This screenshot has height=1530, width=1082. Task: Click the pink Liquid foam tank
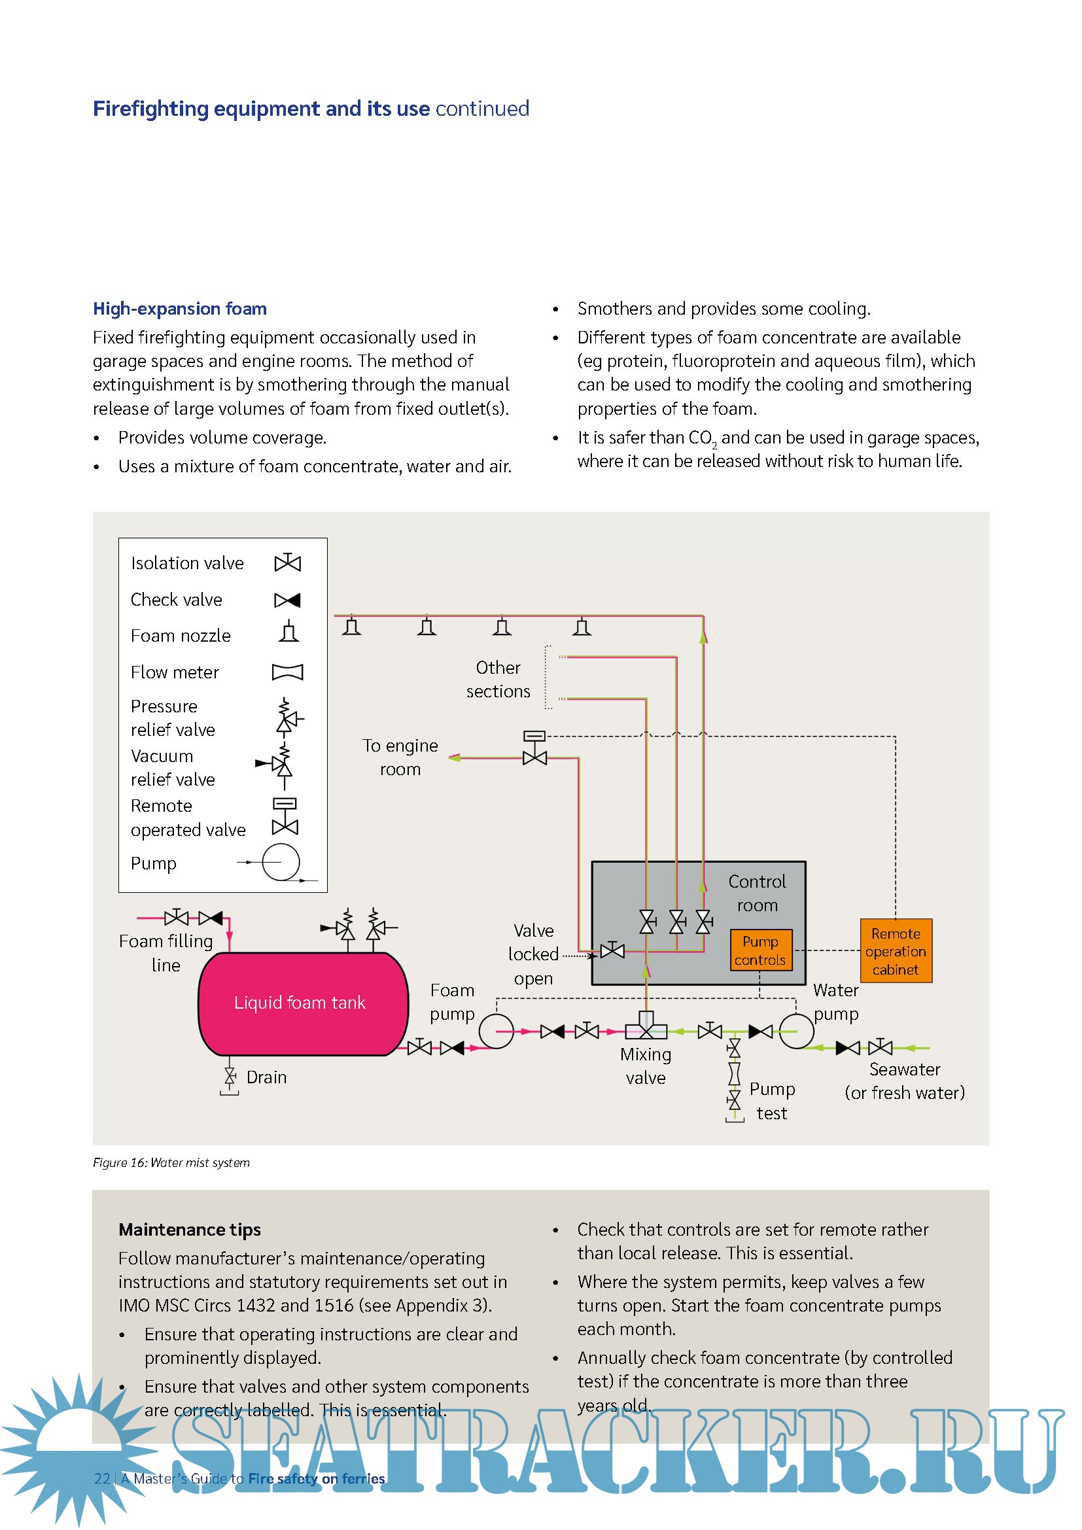click(303, 1003)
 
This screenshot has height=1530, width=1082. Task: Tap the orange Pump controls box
click(760, 950)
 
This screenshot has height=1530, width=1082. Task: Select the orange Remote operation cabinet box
click(896, 951)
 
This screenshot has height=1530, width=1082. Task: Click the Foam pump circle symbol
click(496, 1031)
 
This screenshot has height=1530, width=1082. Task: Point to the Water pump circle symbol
click(796, 1031)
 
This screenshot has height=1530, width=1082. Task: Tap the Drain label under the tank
click(266, 1077)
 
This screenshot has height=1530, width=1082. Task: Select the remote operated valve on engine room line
click(534, 749)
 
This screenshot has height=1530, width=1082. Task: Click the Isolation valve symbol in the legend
click(287, 563)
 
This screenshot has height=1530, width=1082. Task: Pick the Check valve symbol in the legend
click(287, 600)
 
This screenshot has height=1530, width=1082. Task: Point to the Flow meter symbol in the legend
click(287, 672)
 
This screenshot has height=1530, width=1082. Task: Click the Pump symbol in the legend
click(281, 862)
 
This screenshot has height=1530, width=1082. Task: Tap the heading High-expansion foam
click(180, 309)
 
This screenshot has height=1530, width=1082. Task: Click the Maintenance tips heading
click(189, 1230)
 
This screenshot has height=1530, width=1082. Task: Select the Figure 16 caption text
click(171, 1163)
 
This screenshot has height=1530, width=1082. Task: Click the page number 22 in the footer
click(102, 1479)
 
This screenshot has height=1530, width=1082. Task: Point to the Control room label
click(757, 893)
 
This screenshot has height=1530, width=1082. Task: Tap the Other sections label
click(498, 680)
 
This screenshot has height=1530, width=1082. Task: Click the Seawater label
click(904, 1069)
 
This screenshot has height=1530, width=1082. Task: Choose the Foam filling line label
click(166, 953)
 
